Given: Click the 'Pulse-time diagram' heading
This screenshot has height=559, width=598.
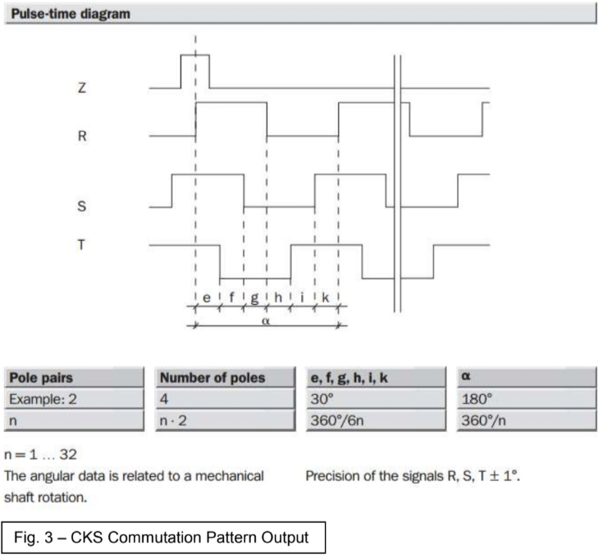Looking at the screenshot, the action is [71, 14].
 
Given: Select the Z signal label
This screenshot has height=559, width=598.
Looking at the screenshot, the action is [82, 88].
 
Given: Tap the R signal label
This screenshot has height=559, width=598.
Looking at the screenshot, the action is [82, 136].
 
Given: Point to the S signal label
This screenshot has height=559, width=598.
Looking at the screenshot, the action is [81, 207].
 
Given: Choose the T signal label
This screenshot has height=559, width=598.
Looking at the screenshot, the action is [81, 244].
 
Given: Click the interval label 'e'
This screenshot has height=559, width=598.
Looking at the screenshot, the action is [207, 298].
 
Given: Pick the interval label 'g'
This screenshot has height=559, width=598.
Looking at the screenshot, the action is [254, 298].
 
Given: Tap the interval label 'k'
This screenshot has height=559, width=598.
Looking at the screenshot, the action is [326, 298].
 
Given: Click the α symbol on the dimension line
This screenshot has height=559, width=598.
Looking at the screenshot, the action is [266, 321].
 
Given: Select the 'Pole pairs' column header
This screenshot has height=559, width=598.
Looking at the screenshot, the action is [41, 378].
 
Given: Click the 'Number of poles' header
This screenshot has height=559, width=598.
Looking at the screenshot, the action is [212, 378].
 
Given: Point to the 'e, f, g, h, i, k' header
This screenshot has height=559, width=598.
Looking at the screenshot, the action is [349, 378].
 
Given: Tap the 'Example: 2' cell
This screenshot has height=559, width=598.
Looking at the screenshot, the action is [43, 399].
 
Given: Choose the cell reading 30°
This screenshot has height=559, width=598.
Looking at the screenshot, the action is [322, 399].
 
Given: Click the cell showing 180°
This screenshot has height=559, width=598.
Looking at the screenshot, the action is [477, 399].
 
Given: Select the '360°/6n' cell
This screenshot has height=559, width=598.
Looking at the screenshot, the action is [337, 420].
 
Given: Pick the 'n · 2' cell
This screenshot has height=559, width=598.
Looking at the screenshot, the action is [173, 420].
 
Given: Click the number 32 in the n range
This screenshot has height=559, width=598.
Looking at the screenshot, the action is [68, 454].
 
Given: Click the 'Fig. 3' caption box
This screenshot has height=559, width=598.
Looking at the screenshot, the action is [163, 538].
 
